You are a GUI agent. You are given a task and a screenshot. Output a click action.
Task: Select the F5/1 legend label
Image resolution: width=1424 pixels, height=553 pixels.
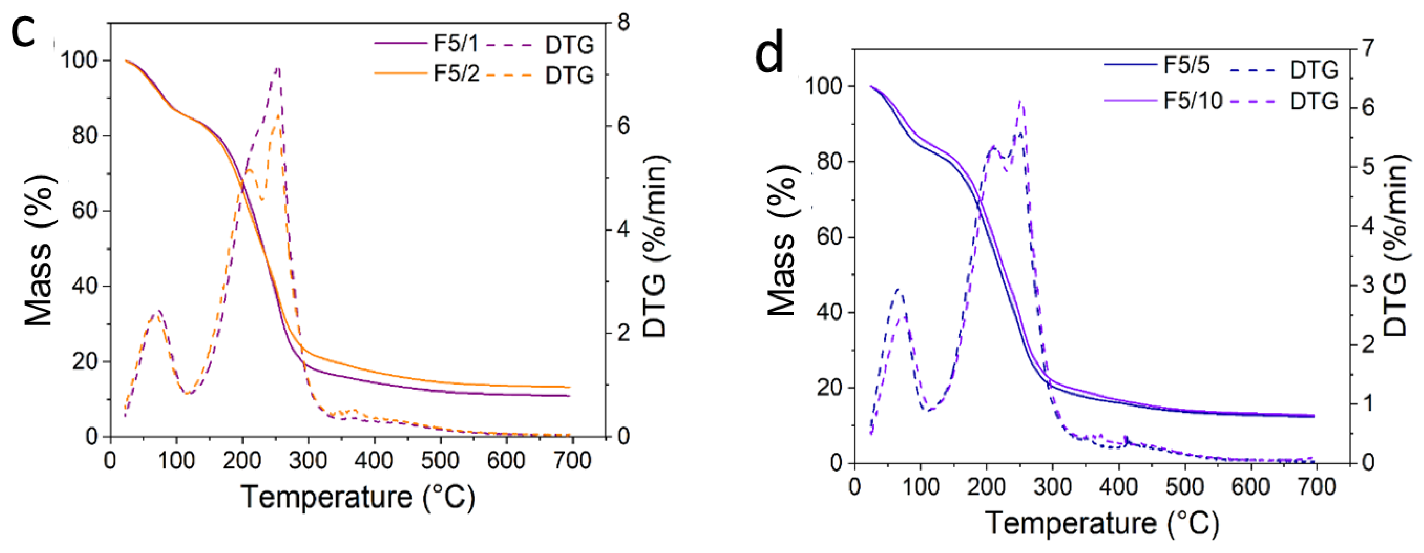tap(456, 43)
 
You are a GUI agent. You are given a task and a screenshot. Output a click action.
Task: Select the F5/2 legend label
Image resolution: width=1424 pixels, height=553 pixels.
tap(456, 73)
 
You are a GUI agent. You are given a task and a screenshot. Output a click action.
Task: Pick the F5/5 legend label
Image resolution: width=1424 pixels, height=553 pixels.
tap(1186, 65)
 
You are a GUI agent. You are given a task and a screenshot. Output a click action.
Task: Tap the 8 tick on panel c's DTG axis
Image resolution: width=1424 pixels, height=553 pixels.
tap(623, 23)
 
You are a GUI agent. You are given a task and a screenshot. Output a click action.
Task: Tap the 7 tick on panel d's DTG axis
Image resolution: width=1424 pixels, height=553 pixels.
tap(1368, 49)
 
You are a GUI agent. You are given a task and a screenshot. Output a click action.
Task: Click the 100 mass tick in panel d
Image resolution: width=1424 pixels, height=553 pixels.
tap(824, 87)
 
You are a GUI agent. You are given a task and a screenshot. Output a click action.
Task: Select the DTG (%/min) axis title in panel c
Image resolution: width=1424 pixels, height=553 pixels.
tap(656, 246)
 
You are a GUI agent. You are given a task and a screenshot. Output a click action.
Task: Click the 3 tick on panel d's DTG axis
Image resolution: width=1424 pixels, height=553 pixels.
tap(1368, 285)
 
